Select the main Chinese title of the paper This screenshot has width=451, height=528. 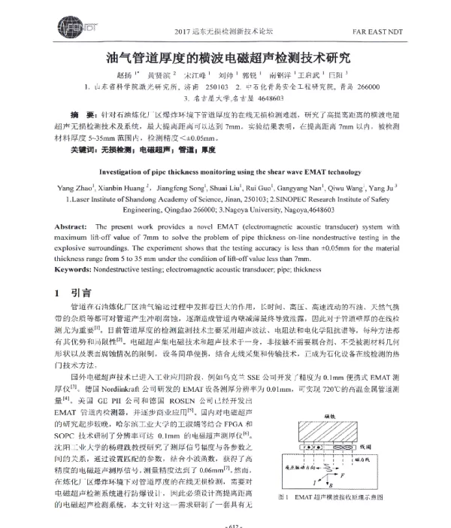pyautogui.click(x=225, y=57)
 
